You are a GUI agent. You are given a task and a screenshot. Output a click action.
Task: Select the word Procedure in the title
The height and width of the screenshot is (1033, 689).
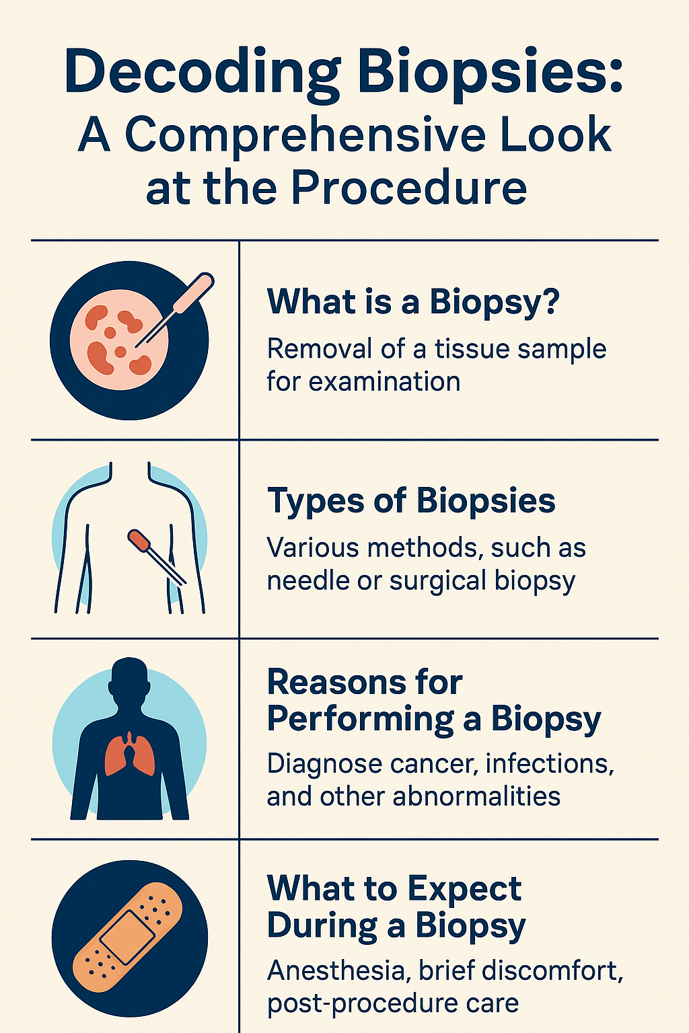[409, 188]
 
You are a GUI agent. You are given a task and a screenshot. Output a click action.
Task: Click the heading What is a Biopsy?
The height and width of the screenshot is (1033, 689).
[414, 303]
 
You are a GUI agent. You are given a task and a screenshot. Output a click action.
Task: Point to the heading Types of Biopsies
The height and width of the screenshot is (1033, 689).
[411, 501]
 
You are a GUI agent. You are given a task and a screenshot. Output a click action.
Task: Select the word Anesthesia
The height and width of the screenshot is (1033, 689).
[338, 970]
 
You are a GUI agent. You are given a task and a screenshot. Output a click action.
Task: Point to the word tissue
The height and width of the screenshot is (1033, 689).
[472, 348]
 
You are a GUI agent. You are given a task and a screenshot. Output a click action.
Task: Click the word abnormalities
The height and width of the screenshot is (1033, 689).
[476, 796]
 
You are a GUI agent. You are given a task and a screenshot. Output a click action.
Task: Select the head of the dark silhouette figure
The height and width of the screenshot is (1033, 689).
[130, 681]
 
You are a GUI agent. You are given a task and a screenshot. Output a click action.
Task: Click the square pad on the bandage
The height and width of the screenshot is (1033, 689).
[127, 936]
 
